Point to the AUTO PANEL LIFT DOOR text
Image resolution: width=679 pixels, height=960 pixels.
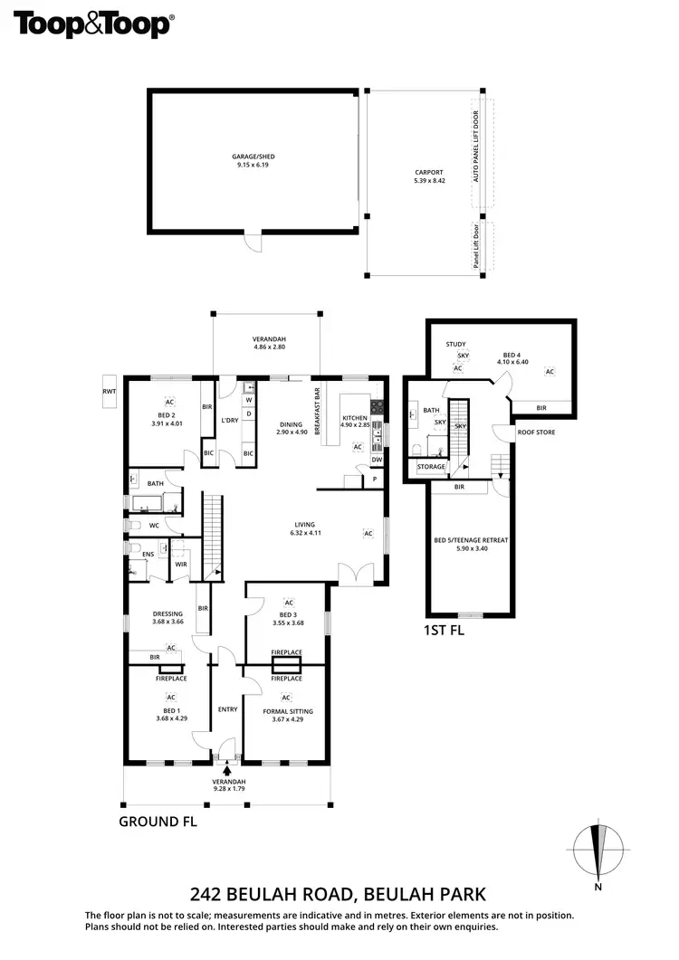point(475,147)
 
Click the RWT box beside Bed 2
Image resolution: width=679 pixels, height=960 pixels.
point(110,391)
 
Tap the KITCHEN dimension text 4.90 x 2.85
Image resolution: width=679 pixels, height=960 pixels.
point(354,424)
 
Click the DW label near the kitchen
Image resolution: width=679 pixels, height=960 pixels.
point(377,460)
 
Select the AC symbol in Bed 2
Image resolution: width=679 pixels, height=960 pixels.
point(169,402)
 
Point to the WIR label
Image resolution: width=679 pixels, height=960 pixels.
point(181,564)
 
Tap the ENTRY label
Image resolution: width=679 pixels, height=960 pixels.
point(226,708)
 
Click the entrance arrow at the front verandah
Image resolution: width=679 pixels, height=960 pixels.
point(226,769)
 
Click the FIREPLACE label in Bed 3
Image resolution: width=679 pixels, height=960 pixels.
point(286,651)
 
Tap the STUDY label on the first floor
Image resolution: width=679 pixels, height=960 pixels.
point(455,344)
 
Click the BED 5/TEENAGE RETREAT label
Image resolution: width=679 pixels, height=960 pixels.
point(471,540)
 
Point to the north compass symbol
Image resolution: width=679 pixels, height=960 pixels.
point(598,851)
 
